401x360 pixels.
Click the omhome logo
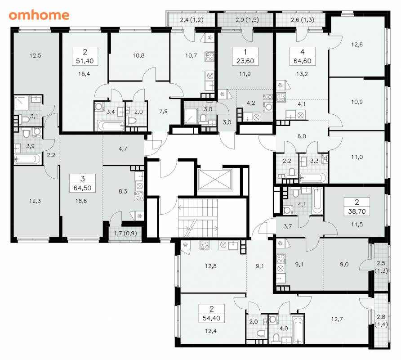(39, 15)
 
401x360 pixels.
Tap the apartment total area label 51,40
(85, 61)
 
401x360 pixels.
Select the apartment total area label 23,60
(245, 61)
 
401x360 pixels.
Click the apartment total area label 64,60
(302, 61)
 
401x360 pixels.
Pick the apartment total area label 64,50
(82, 188)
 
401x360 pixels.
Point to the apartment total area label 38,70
(357, 211)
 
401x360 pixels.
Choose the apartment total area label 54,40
(211, 318)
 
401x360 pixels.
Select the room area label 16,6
(81, 201)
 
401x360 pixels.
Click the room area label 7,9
(163, 111)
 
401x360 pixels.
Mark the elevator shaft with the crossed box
(215, 180)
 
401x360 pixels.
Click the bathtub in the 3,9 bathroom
(27, 159)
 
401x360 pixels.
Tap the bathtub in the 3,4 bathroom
(111, 126)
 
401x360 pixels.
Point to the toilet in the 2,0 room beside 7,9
(133, 121)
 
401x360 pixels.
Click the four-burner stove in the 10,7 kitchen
(209, 56)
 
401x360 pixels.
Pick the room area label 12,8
(211, 266)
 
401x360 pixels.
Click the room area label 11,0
(357, 157)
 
